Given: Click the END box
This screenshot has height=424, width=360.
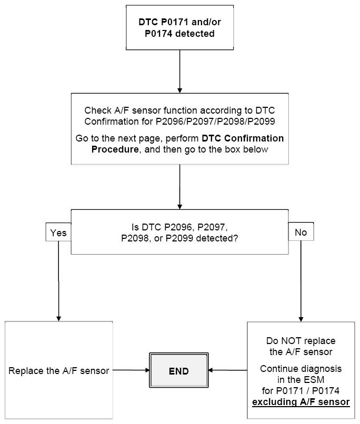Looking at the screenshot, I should (x=178, y=371).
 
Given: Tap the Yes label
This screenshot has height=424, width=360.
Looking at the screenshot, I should (x=58, y=232).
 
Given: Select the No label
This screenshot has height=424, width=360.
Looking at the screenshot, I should (x=301, y=232).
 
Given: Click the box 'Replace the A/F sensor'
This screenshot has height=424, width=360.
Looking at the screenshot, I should (x=59, y=371).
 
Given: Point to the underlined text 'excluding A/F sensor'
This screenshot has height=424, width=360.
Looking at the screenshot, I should (x=301, y=402).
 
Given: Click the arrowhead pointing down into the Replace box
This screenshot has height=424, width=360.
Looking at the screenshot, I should (x=58, y=318).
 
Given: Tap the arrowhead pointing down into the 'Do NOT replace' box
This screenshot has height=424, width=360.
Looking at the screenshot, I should (x=301, y=318).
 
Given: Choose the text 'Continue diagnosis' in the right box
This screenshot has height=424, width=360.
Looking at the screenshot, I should (x=301, y=369).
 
